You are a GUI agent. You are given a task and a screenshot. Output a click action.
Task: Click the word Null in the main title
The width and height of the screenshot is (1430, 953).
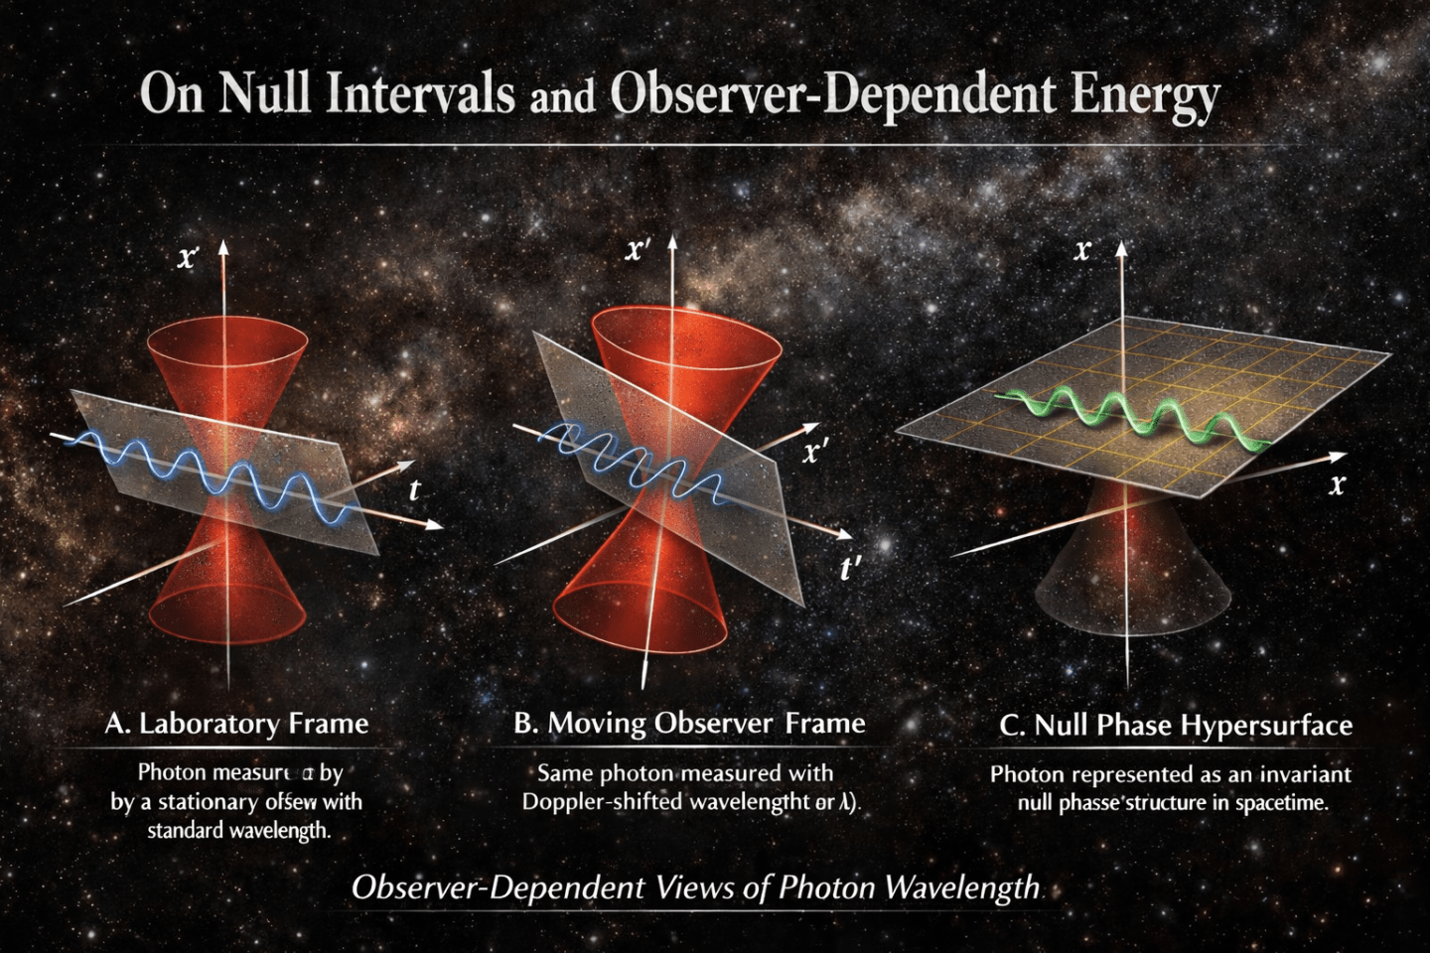[265, 93]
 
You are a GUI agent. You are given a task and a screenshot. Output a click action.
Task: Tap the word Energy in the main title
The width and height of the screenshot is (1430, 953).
[1145, 95]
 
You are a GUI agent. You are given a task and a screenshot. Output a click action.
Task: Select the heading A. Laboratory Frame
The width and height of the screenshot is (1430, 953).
[236, 723]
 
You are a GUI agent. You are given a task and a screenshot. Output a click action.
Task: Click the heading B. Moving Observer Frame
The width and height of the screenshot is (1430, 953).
[689, 723]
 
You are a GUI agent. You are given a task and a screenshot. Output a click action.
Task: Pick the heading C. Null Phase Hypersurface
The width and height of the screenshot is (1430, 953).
[1176, 726]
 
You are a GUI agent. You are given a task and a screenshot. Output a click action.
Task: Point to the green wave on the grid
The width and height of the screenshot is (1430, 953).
[1132, 414]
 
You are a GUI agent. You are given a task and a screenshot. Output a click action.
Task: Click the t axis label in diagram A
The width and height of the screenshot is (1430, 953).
[414, 489]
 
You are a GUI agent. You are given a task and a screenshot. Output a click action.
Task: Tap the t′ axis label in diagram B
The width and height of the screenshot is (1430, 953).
[850, 569]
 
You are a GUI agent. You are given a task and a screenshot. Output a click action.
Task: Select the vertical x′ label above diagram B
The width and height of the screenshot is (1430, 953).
[638, 249]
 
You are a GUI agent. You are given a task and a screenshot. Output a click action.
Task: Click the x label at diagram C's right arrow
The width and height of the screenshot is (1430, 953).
[1337, 484]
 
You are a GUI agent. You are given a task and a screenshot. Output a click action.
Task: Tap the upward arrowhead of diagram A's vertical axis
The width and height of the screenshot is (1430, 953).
[223, 247]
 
